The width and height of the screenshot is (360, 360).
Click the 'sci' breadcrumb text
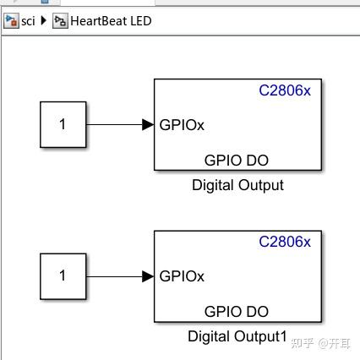click(x=29, y=21)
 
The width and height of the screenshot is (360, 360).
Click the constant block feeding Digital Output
click(x=63, y=124)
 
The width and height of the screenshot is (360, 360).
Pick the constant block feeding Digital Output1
click(x=63, y=275)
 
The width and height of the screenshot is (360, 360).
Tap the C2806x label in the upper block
click(x=284, y=91)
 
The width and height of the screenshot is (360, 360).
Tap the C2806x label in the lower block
click(x=284, y=243)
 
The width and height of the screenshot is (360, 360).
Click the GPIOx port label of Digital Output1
click(x=182, y=275)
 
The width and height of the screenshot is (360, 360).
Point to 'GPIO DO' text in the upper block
click(x=237, y=159)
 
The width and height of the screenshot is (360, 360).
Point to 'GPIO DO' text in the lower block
click(x=237, y=311)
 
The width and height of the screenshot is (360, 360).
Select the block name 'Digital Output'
click(x=237, y=185)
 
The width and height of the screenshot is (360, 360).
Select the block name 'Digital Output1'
click(x=237, y=337)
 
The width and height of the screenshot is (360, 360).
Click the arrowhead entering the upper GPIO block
click(x=148, y=124)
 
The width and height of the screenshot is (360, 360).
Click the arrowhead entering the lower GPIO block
click(x=148, y=275)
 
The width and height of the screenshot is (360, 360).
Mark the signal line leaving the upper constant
click(x=114, y=124)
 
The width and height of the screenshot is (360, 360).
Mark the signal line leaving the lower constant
click(x=114, y=275)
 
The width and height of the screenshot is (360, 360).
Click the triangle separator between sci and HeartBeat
click(x=44, y=21)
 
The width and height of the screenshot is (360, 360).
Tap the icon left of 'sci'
click(x=11, y=21)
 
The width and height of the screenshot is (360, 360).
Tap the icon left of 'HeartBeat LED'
click(x=58, y=21)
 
